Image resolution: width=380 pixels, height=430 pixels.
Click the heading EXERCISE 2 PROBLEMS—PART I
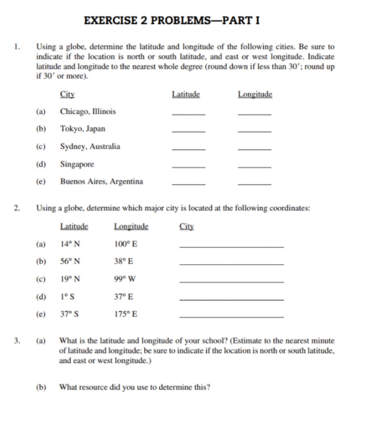(172, 21)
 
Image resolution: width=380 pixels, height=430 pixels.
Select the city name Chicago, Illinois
(88, 111)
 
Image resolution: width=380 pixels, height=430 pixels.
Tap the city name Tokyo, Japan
(83, 129)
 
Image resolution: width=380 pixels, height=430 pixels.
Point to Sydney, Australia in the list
(90, 146)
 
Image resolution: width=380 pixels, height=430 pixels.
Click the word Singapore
(77, 164)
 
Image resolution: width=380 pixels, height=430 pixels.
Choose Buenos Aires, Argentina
(101, 182)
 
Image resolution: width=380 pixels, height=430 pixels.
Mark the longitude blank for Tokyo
(255, 132)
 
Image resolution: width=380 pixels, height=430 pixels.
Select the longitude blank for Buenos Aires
(255, 185)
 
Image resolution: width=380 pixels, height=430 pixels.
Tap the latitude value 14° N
(70, 244)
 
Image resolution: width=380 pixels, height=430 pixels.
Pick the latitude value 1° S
(67, 297)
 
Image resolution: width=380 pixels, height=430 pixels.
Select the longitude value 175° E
(126, 314)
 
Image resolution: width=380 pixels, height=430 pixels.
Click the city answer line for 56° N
(231, 264)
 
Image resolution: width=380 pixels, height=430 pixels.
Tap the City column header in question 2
(187, 226)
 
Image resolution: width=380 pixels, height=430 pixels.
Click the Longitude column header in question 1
(255, 95)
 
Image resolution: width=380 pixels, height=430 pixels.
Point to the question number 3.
(17, 341)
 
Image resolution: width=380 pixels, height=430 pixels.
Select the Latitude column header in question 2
(74, 226)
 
